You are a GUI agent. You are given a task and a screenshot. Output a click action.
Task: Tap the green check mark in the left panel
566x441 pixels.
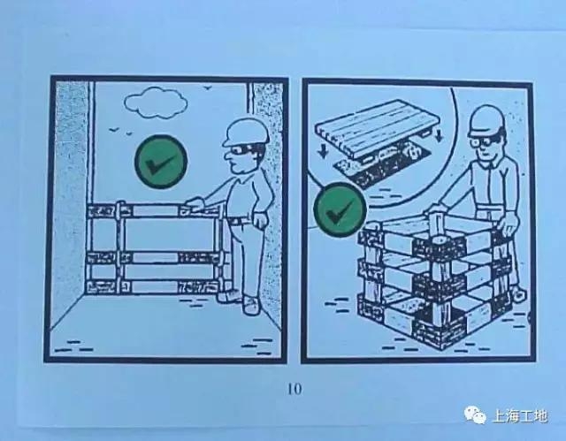(161, 162)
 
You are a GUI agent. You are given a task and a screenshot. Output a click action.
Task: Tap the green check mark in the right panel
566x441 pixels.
(340, 209)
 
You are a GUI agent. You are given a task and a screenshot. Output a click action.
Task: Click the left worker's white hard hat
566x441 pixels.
(246, 133)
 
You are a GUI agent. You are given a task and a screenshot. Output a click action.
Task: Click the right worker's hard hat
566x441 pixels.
(486, 122)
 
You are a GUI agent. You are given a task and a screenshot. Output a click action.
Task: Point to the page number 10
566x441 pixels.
(294, 389)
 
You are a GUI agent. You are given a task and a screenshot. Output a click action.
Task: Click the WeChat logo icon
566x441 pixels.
(476, 414)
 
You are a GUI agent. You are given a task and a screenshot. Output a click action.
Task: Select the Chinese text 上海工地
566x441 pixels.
(520, 416)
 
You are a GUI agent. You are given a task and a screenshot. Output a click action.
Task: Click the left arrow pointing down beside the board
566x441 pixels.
(323, 151)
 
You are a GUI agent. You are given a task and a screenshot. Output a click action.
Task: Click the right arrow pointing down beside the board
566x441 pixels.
(439, 135)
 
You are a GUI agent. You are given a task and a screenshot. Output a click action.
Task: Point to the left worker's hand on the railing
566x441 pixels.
(195, 204)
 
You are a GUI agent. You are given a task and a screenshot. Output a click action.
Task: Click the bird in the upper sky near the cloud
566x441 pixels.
(207, 87)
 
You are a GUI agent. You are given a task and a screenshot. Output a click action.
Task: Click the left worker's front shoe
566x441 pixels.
(251, 306)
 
